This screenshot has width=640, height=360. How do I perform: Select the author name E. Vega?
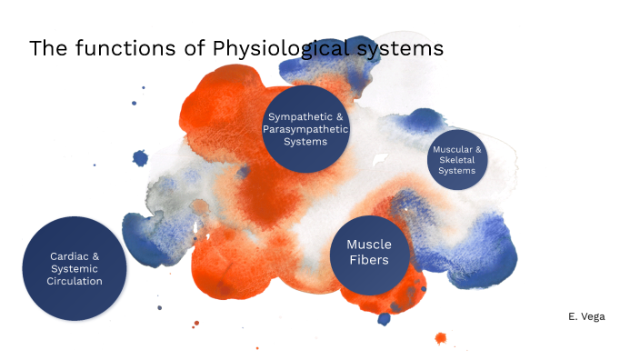click(x=585, y=315)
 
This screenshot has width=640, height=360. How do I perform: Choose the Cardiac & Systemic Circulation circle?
click(x=74, y=268)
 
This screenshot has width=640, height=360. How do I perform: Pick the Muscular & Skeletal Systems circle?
click(x=457, y=159)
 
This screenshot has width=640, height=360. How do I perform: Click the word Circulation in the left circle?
click(x=75, y=281)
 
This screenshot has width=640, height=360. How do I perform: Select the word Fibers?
click(x=369, y=260)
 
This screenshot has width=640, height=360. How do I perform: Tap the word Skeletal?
click(x=457, y=159)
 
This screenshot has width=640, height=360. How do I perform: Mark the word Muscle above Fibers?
click(x=369, y=244)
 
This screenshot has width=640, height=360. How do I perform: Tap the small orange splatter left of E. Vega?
click(x=441, y=338)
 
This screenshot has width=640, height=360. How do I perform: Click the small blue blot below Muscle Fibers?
click(x=385, y=318)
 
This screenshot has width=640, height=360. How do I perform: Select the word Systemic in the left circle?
click(x=75, y=268)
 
